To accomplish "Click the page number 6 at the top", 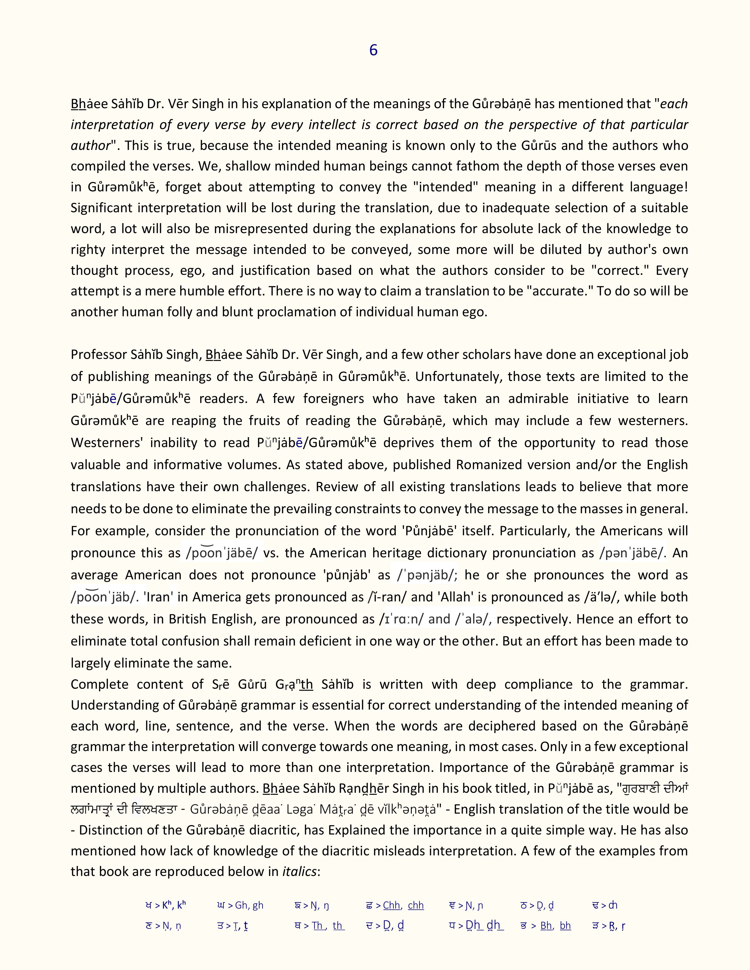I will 373,50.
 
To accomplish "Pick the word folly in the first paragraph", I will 177,312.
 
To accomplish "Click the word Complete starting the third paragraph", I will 99,684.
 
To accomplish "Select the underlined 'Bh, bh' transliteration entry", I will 555,926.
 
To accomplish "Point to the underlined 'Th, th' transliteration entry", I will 328,926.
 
